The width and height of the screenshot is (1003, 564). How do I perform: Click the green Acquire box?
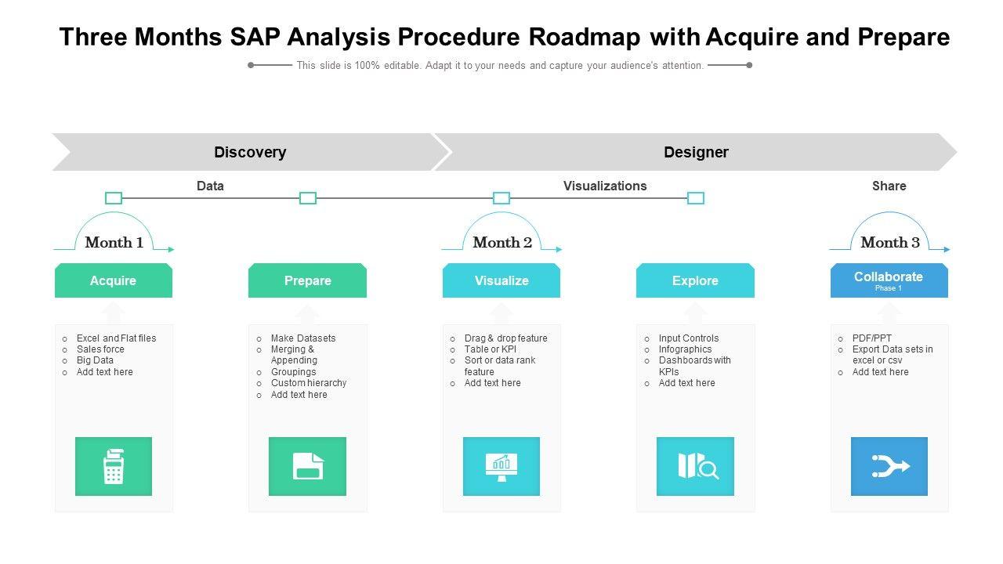point(114,280)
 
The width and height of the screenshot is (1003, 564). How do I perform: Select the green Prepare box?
point(307,280)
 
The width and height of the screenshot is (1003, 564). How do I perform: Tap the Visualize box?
point(501,280)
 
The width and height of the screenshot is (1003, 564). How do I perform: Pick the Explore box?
point(695,280)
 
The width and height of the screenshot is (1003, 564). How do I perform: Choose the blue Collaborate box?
point(889,280)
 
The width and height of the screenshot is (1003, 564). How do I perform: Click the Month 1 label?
point(114,242)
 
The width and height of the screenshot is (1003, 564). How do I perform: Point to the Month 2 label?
point(502,242)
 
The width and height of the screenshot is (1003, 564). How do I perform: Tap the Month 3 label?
point(890,242)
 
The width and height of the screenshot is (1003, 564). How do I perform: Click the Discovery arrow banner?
point(250,152)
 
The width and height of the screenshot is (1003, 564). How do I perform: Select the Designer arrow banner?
point(696,152)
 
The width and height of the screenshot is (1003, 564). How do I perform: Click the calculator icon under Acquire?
point(114,466)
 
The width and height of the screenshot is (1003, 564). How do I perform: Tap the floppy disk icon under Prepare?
point(307,466)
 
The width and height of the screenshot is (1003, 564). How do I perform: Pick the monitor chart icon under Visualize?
point(501,466)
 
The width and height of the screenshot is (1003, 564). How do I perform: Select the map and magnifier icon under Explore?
point(696,466)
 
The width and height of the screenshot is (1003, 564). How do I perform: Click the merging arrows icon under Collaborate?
point(889,466)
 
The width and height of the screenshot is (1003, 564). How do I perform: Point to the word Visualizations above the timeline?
point(605,186)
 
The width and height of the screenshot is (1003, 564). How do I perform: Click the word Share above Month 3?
point(889,186)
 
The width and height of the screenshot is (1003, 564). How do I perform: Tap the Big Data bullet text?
point(95,360)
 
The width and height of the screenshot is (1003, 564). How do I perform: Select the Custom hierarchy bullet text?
point(309,383)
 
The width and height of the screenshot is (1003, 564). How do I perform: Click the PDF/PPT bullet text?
point(872,338)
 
